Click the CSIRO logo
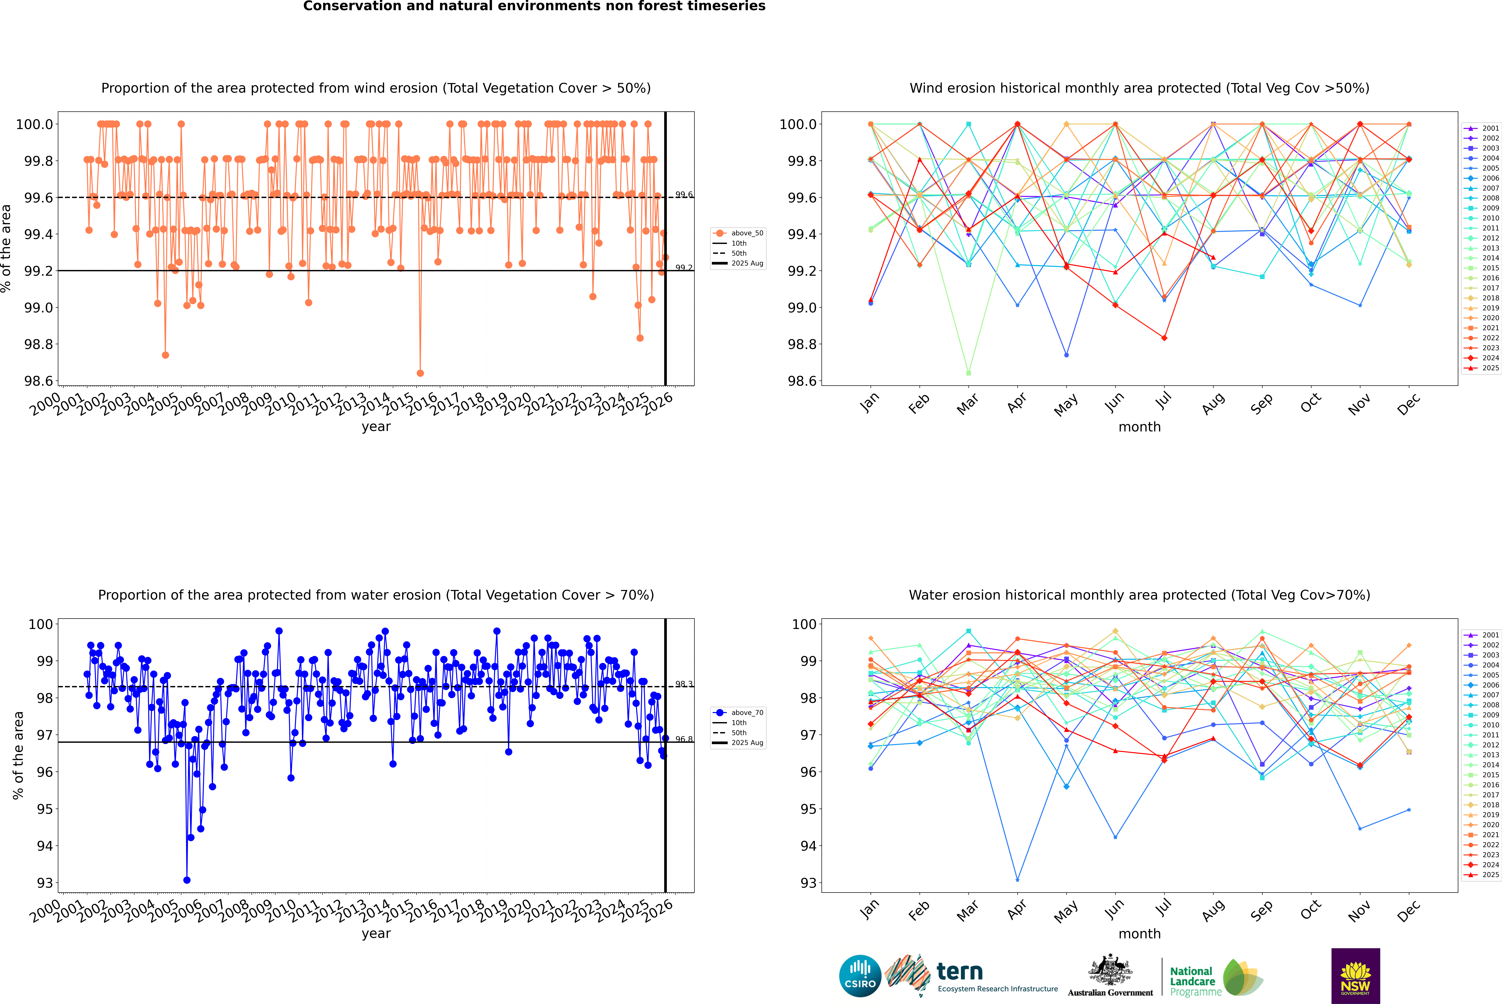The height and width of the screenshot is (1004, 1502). coord(860,976)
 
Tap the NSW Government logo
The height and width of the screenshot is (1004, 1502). coord(1355,976)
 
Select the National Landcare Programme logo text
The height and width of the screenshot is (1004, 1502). coord(1192,981)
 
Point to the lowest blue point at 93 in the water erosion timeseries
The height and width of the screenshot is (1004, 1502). coord(187,880)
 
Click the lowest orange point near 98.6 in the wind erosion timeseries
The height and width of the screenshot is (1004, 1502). coord(420,373)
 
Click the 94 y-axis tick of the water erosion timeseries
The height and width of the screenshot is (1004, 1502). coord(45,846)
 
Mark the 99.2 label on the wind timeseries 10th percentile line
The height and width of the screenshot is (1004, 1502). coord(684,268)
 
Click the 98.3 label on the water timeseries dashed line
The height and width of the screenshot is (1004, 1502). coord(684,684)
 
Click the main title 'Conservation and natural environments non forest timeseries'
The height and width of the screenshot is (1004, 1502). coord(534,6)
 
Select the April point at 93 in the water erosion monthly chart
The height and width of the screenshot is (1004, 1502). coord(1017,880)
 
